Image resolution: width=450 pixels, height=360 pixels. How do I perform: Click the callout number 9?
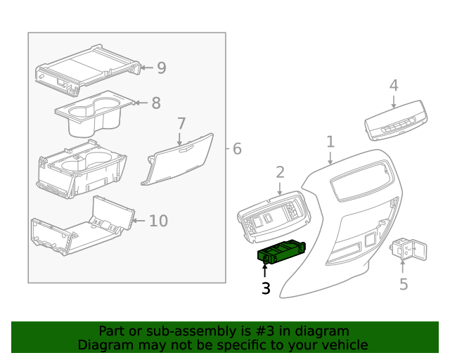click(161, 68)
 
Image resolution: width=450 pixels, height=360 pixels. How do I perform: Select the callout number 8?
click(156, 103)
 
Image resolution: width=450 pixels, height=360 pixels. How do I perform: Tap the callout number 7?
click(181, 124)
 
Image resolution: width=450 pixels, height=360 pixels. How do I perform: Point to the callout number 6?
click(236, 149)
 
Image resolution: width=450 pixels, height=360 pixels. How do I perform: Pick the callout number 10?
click(158, 221)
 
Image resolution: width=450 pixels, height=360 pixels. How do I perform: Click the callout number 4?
click(394, 86)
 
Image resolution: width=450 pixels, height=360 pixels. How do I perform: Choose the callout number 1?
click(330, 143)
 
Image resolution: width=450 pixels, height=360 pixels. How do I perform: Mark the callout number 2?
click(280, 172)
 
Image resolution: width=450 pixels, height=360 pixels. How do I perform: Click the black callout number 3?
click(266, 288)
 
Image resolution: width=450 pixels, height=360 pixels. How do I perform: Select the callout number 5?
click(404, 284)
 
